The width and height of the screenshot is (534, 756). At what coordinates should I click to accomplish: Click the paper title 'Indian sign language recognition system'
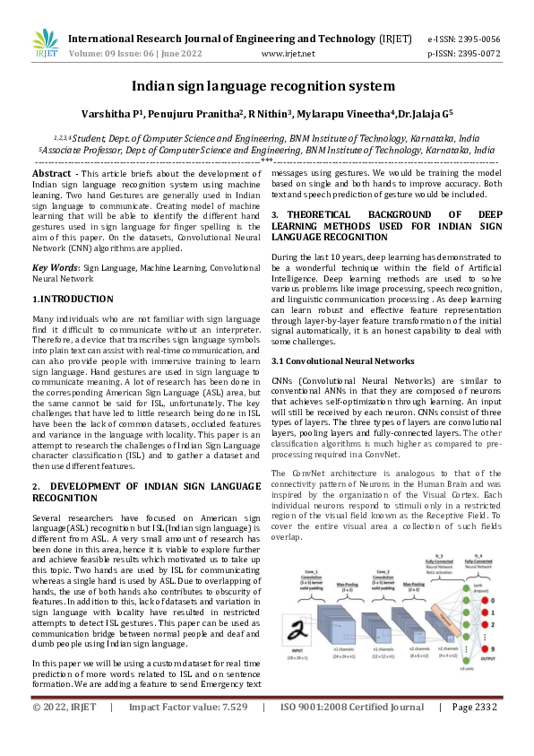point(263,86)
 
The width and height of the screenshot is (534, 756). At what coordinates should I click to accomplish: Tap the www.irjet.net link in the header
point(288,54)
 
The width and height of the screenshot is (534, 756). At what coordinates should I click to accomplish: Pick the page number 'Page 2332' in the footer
point(475,733)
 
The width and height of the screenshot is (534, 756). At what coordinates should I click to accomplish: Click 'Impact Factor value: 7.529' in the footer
point(187,733)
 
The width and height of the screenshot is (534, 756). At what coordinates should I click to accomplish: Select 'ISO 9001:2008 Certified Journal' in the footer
point(352,733)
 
